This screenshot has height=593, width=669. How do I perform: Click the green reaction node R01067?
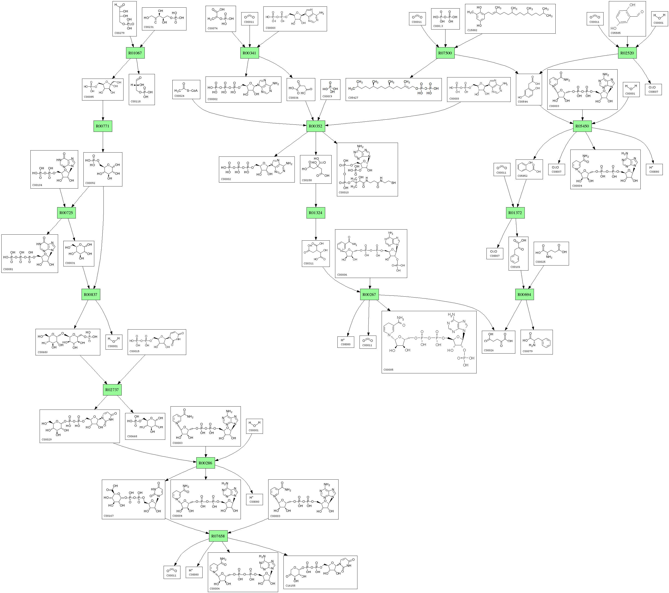(135, 53)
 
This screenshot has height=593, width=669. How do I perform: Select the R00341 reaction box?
(249, 53)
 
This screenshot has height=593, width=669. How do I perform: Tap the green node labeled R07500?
(445, 53)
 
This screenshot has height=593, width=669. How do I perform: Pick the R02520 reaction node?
(627, 53)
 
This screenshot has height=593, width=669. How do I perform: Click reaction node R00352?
(315, 126)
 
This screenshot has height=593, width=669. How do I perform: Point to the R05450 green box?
(582, 126)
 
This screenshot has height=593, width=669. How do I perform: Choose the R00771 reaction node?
(103, 126)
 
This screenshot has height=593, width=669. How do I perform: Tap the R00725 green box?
(66, 213)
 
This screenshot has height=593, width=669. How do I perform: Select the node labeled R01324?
(315, 213)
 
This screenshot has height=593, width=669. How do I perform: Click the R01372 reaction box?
(515, 213)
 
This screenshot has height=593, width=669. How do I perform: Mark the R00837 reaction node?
(91, 295)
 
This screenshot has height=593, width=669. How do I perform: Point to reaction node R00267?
(369, 295)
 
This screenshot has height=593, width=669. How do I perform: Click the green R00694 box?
(524, 295)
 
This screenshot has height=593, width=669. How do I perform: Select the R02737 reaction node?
(112, 390)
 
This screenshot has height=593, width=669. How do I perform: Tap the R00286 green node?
(205, 463)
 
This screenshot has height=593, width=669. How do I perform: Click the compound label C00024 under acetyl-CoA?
(179, 96)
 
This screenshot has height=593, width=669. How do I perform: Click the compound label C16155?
(290, 585)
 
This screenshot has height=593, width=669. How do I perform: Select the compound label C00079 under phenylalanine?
(527, 351)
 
